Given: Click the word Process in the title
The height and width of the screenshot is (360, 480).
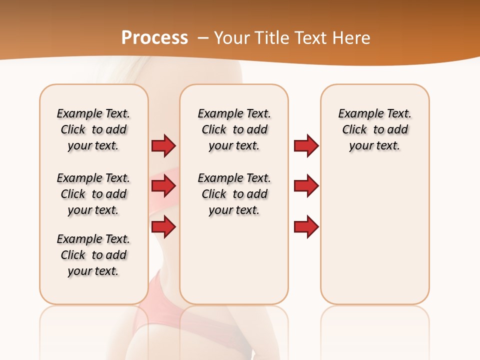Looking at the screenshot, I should (154, 38).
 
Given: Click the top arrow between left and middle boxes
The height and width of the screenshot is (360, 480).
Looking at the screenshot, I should (163, 146).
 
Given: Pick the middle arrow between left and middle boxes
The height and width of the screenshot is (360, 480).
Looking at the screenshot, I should (163, 186).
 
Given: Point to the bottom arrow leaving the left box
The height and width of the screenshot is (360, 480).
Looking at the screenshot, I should (163, 227).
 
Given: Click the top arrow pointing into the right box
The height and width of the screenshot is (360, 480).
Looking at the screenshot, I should (306, 146).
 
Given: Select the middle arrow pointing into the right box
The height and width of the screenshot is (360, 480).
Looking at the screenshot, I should (306, 186).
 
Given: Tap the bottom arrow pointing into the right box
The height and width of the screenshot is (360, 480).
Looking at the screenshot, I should (306, 227).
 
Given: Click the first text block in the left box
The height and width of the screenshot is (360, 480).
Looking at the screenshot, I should (93, 129).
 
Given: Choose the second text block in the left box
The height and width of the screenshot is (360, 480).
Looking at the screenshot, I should (93, 194).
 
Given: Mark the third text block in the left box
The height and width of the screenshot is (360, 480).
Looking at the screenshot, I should (93, 255).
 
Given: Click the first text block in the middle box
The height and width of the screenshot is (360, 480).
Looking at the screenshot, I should (234, 129).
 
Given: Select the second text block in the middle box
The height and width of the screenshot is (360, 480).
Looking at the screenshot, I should (234, 194).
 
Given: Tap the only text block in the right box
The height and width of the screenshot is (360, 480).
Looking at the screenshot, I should (374, 129).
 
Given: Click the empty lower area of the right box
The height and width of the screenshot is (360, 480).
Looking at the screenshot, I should (374, 240).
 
